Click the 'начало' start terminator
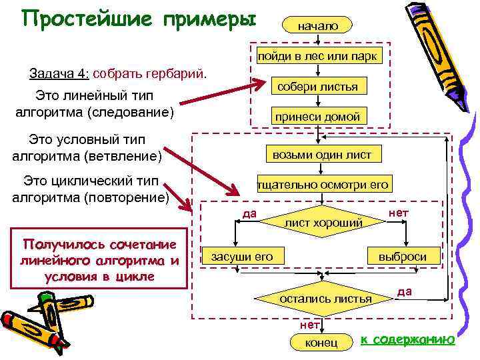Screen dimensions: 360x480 click(318, 25)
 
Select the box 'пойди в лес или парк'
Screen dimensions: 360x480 click(318, 56)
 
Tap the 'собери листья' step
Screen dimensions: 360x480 click(317, 87)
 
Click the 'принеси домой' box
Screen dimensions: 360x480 click(317, 117)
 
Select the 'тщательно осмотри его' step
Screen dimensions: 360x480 click(323, 185)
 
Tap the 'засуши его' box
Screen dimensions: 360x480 click(242, 256)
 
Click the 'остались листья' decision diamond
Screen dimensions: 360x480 click(325, 298)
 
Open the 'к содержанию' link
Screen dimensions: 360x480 click(407, 340)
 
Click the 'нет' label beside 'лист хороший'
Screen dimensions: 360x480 click(398, 213)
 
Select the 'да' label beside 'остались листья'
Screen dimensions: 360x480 click(404, 291)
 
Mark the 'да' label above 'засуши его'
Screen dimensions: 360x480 click(249, 213)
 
